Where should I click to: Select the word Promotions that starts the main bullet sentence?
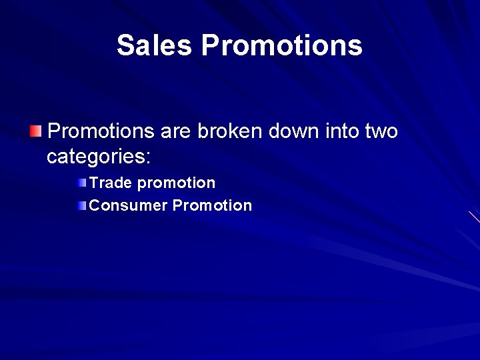pyautogui.click(x=101, y=131)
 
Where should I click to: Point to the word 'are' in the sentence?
pyautogui.click(x=175, y=131)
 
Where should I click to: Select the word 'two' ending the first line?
pyautogui.click(x=381, y=131)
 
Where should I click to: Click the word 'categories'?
pyautogui.click(x=95, y=158)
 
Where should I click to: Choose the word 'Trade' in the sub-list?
pyautogui.click(x=111, y=183)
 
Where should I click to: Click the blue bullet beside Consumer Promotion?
pyautogui.click(x=81, y=206)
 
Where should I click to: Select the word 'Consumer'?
pyautogui.click(x=128, y=205)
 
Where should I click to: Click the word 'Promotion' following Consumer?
pyautogui.click(x=212, y=205)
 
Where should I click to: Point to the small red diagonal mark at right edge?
pyautogui.click(x=474, y=217)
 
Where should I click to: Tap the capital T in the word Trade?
pyautogui.click(x=93, y=183)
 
